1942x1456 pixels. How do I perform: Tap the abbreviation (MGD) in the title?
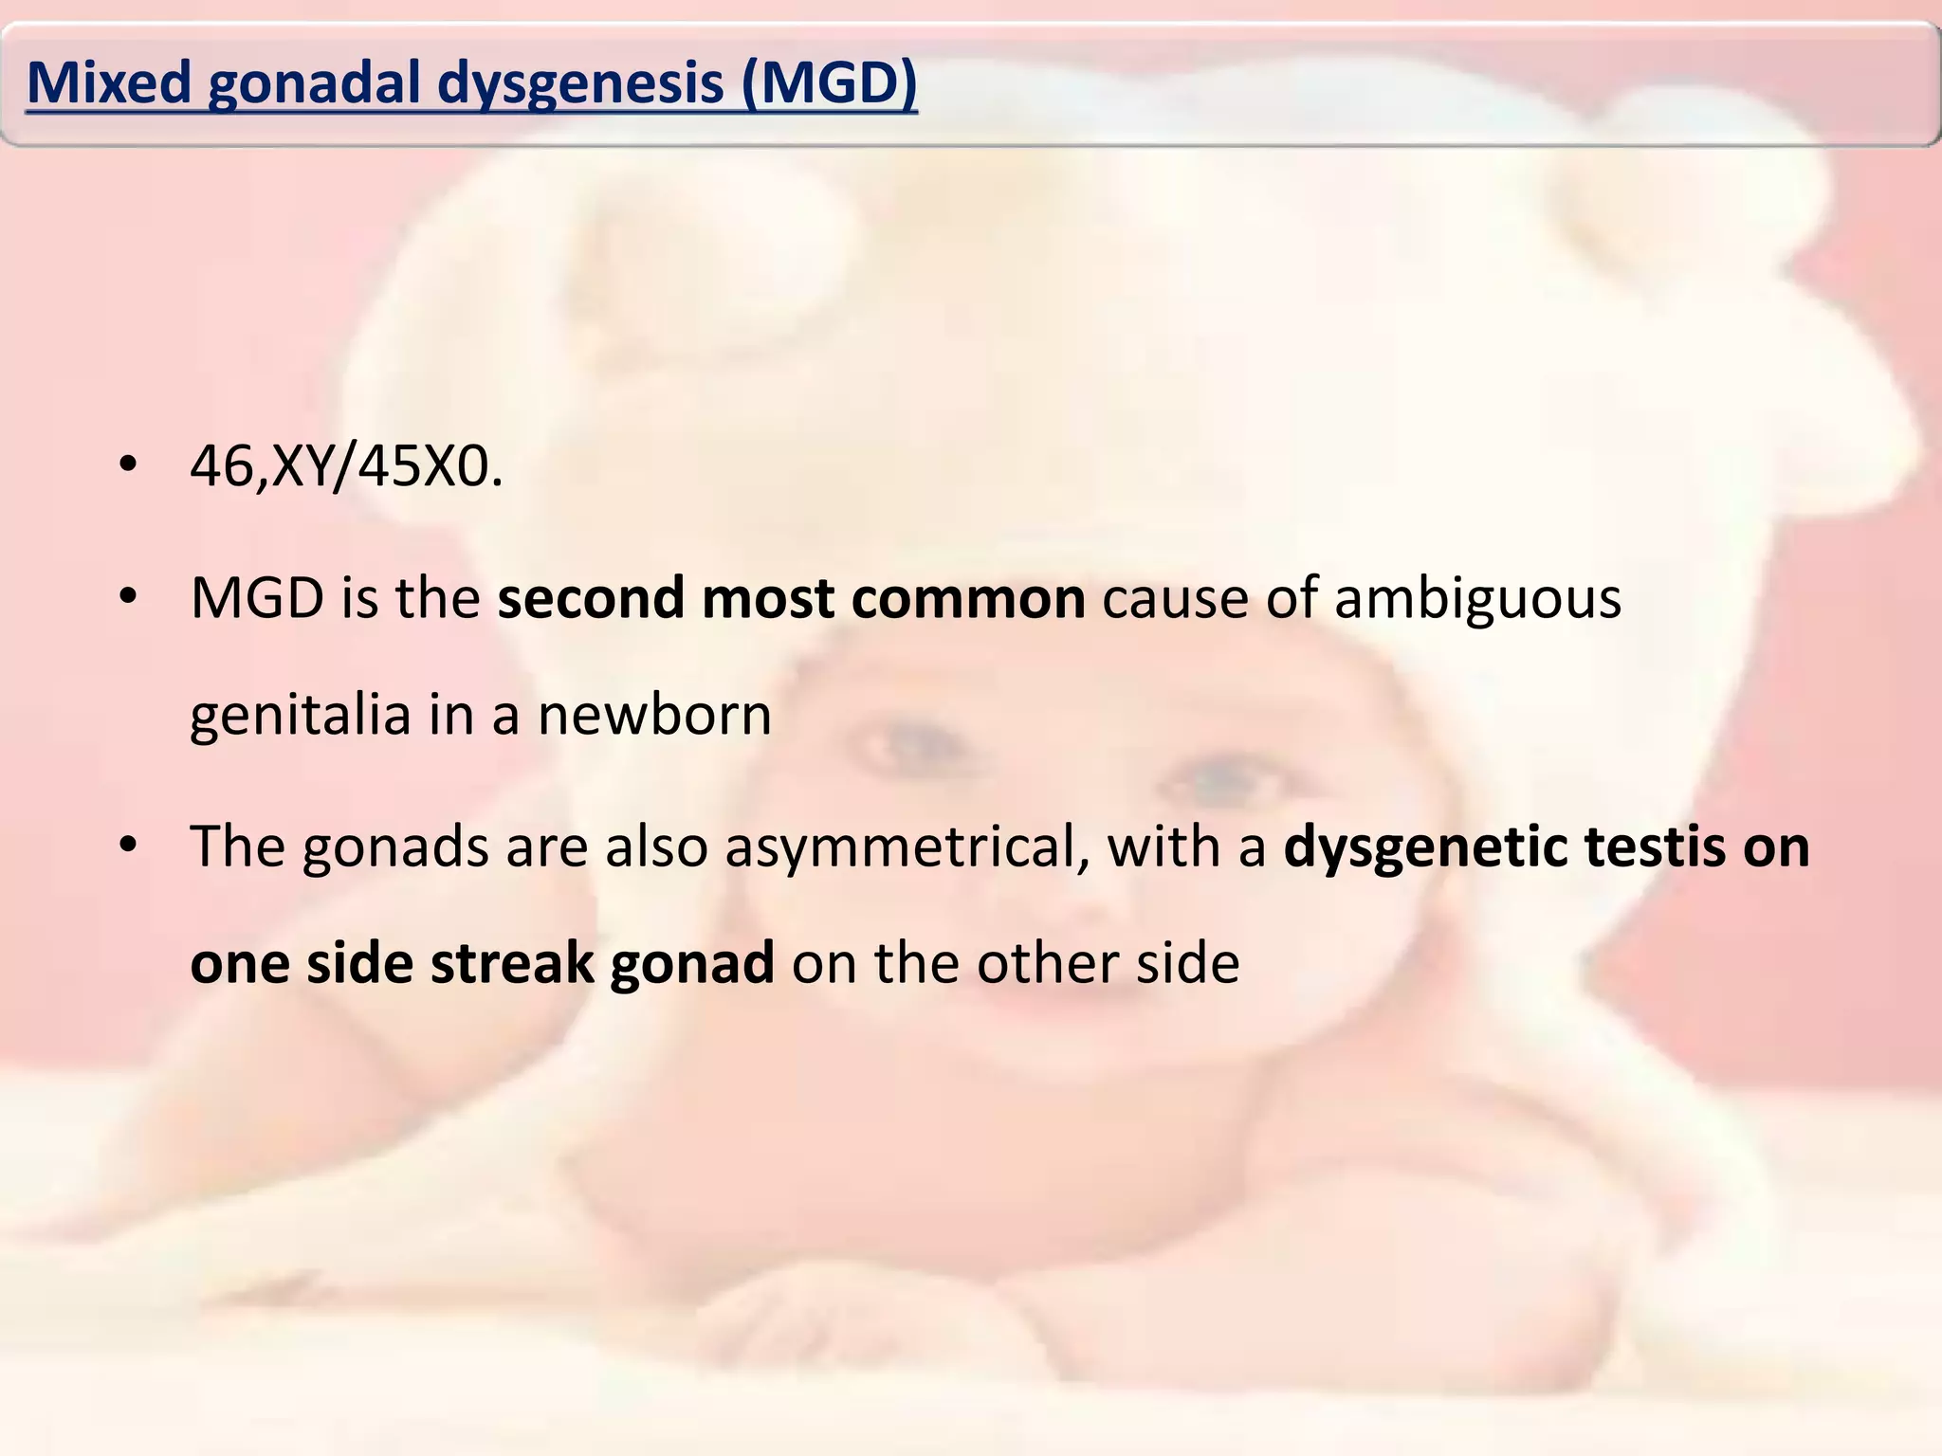click(830, 83)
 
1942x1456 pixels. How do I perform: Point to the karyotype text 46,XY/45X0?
click(346, 466)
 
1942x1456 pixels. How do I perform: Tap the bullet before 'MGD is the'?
click(129, 598)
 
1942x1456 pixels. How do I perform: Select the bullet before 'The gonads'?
click(129, 846)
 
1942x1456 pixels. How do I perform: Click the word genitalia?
click(301, 716)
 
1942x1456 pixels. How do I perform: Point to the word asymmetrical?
click(907, 847)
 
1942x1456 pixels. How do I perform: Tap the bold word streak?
click(512, 963)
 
